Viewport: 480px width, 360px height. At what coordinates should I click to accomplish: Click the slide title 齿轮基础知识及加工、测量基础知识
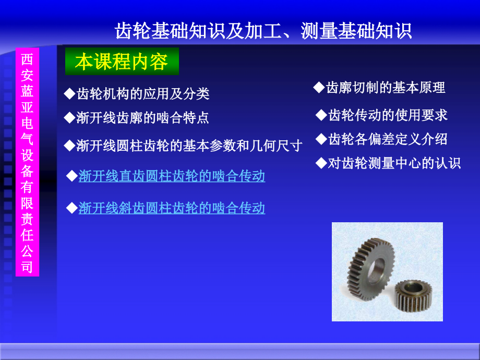(263, 31)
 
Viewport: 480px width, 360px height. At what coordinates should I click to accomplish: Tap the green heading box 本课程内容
(122, 62)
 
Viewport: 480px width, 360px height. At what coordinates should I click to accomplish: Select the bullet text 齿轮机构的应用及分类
(142, 94)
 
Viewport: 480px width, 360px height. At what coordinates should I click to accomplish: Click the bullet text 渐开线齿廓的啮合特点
(142, 118)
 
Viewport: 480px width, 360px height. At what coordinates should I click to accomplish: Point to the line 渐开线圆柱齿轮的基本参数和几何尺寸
(189, 146)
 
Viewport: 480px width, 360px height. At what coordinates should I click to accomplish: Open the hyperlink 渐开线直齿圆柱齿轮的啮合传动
(172, 176)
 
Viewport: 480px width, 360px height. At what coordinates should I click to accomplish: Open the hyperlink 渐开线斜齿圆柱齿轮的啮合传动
(172, 209)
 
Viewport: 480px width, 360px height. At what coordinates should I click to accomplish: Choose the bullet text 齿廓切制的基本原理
(386, 88)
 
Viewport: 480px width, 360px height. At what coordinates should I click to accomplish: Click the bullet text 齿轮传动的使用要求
(388, 115)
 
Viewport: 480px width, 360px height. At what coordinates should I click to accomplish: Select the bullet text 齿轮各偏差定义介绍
(388, 139)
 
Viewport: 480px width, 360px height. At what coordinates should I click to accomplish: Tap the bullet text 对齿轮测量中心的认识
(394, 163)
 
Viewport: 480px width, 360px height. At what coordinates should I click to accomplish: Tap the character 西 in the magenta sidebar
(27, 59)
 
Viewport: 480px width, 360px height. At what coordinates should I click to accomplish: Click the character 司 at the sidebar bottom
(27, 267)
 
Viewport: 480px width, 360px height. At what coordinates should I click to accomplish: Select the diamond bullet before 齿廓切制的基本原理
(319, 87)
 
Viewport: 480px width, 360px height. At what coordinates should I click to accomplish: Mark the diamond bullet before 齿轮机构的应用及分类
(69, 93)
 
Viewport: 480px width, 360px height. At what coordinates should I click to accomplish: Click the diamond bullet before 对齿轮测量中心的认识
(321, 163)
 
